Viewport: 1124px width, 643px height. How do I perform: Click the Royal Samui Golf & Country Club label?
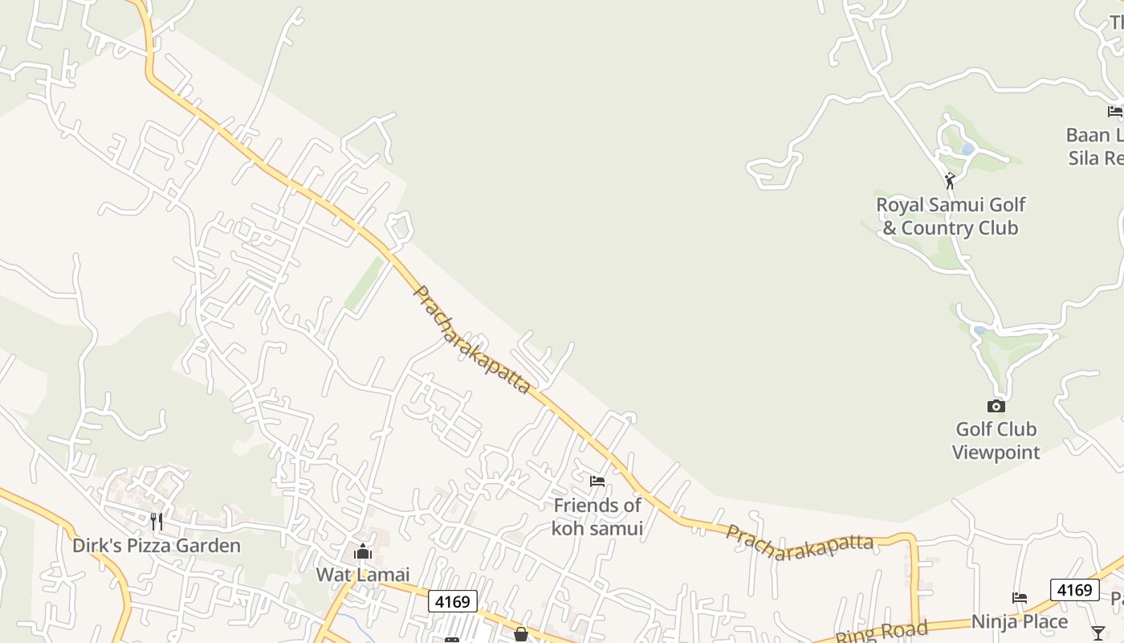951,216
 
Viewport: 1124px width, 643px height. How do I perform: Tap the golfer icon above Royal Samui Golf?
951,181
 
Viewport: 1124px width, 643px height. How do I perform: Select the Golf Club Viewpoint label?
996,440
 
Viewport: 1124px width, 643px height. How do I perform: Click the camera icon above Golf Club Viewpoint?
996,407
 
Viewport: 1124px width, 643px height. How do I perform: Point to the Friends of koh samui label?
597,517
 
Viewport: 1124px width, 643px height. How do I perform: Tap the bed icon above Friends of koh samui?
597,481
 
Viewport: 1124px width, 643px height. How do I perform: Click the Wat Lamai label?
363,575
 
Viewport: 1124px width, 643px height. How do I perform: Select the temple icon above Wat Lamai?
363,552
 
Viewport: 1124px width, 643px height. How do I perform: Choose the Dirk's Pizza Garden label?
157,546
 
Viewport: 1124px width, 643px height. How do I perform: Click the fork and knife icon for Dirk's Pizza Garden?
157,522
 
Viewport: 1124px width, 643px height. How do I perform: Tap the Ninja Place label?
1020,622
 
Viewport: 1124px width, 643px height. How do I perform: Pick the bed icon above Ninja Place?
1020,598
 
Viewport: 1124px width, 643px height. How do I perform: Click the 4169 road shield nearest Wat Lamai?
453,600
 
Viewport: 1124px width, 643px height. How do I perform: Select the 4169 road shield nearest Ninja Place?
1074,590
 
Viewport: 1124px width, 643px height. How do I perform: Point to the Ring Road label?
882,632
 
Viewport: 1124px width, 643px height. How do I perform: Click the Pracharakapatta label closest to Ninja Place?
800,543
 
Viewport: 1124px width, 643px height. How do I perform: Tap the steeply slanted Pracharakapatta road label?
471,339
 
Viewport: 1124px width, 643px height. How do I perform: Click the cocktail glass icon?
1098,633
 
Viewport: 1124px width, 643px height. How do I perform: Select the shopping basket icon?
521,635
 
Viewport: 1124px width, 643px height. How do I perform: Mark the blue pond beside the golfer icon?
967,149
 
